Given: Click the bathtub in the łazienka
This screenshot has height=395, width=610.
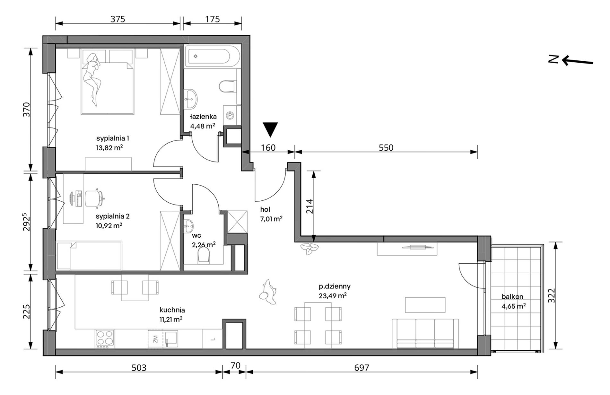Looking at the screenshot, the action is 212,57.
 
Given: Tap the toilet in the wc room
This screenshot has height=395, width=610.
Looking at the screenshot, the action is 204,257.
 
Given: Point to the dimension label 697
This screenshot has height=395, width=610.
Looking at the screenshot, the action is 362,367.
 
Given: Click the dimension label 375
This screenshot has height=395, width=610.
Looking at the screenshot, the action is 118,19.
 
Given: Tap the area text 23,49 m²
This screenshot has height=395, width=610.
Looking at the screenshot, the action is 332,295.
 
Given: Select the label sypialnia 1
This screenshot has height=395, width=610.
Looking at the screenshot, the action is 113,138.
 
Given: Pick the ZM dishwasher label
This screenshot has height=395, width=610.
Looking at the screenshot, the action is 155,338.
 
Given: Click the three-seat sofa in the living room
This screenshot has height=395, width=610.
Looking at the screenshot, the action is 425,334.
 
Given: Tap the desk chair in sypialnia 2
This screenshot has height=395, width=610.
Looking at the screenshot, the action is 94,197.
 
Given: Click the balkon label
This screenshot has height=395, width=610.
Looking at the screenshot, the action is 512,297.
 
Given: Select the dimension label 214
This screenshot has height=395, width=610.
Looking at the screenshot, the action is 309,206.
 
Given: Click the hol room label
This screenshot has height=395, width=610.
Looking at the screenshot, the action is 265,209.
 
